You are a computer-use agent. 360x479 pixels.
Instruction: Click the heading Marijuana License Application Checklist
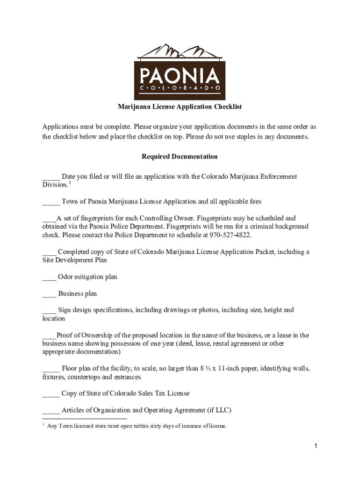pos(180,107)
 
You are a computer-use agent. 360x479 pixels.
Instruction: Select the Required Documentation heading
pos(180,157)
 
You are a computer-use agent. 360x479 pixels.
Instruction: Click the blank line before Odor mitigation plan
pos(49,277)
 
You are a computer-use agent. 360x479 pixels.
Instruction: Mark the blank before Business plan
pos(49,294)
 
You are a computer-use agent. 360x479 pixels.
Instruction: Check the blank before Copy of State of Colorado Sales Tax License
pos(50,394)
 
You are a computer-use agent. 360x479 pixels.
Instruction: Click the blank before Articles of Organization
pos(50,411)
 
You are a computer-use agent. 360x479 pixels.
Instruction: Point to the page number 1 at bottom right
pos(316,446)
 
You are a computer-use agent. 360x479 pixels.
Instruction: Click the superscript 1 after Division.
pos(70,182)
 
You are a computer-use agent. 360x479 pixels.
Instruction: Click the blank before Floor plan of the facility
pos(50,369)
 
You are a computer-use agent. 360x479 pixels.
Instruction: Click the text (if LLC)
pos(219,411)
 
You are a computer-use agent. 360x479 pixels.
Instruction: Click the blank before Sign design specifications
pos(49,311)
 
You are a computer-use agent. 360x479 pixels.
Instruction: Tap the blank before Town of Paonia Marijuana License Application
pos(50,202)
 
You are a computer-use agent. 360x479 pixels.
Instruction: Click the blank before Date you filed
pos(50,177)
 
